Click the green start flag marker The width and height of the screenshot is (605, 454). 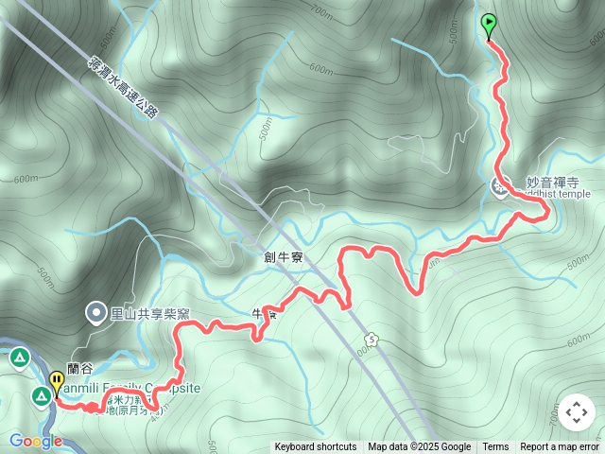(x=489, y=25)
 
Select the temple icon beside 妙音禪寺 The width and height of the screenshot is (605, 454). (x=499, y=187)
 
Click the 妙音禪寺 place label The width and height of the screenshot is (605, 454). (x=552, y=182)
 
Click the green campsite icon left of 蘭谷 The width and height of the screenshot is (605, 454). (x=19, y=358)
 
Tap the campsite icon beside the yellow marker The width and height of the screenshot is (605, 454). (x=41, y=396)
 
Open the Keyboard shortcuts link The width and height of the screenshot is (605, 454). (x=316, y=447)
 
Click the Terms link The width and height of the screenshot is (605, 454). (x=495, y=447)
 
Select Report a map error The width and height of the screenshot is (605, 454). (x=561, y=447)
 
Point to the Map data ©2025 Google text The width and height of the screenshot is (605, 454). (x=419, y=447)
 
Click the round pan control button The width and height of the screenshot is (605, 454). (x=576, y=413)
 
